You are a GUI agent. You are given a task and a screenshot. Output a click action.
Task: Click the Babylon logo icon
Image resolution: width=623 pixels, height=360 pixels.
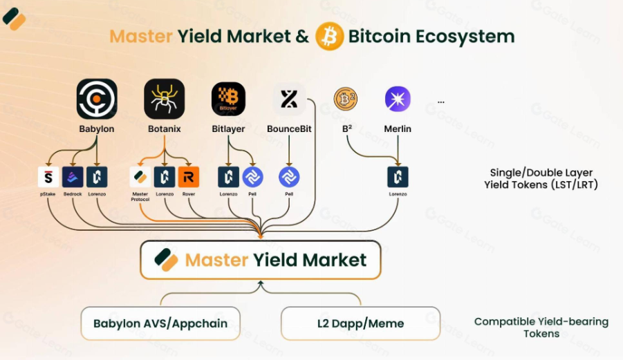click(x=97, y=99)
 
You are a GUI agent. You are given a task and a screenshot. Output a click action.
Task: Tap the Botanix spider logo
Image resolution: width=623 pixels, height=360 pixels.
click(x=165, y=99)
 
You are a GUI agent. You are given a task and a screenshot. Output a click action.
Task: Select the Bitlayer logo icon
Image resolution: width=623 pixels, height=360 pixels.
click(x=228, y=99)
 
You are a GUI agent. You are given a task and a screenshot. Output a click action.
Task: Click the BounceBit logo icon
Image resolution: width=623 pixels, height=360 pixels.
click(x=289, y=99)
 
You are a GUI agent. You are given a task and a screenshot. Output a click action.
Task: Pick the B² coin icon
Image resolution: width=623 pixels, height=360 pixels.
click(x=345, y=99)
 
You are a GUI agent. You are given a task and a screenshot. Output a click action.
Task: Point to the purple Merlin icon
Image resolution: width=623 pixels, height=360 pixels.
click(x=398, y=99)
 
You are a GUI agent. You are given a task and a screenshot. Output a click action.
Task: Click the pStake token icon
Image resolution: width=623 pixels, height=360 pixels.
click(x=48, y=177)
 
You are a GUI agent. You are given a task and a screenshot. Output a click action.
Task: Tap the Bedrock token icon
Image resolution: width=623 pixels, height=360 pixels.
click(x=73, y=177)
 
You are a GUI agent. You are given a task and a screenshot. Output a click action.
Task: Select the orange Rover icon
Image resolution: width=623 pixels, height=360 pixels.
click(x=189, y=177)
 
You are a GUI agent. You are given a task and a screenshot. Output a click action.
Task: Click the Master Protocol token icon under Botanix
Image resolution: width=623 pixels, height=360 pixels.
click(x=140, y=177)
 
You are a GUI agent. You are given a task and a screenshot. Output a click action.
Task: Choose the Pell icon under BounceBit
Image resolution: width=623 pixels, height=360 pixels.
click(x=289, y=177)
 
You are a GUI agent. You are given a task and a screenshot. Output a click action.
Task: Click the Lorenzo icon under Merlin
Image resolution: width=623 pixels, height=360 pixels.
click(x=398, y=177)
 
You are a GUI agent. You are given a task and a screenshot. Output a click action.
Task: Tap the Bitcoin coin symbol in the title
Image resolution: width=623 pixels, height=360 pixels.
click(x=329, y=36)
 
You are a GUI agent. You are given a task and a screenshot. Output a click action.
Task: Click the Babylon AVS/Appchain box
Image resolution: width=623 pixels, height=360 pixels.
click(x=160, y=323)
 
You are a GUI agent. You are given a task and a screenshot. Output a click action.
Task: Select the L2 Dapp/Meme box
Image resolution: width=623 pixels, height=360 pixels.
click(x=361, y=323)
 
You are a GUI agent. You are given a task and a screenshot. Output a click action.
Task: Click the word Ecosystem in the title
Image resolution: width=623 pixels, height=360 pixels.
click(x=465, y=37)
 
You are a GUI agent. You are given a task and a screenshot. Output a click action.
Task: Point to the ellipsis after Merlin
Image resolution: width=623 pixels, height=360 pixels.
click(x=441, y=102)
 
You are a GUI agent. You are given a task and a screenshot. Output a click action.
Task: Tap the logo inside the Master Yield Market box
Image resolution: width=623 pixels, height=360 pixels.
click(x=166, y=260)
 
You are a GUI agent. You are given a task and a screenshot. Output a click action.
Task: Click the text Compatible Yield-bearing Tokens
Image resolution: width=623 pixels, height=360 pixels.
click(x=541, y=328)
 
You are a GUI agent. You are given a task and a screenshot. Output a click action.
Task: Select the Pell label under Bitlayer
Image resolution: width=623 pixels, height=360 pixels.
click(x=252, y=194)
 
